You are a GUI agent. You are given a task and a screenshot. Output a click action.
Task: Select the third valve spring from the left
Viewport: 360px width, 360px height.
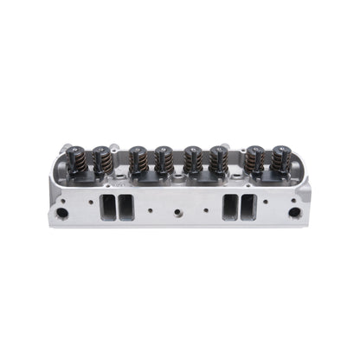click(x=137, y=159)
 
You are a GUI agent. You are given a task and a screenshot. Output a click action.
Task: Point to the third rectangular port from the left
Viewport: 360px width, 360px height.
click(x=229, y=208)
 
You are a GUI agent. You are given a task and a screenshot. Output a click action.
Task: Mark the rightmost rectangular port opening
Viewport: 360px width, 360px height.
click(x=245, y=208)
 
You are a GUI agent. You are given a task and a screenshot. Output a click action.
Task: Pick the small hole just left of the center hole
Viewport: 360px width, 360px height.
click(x=150, y=209)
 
